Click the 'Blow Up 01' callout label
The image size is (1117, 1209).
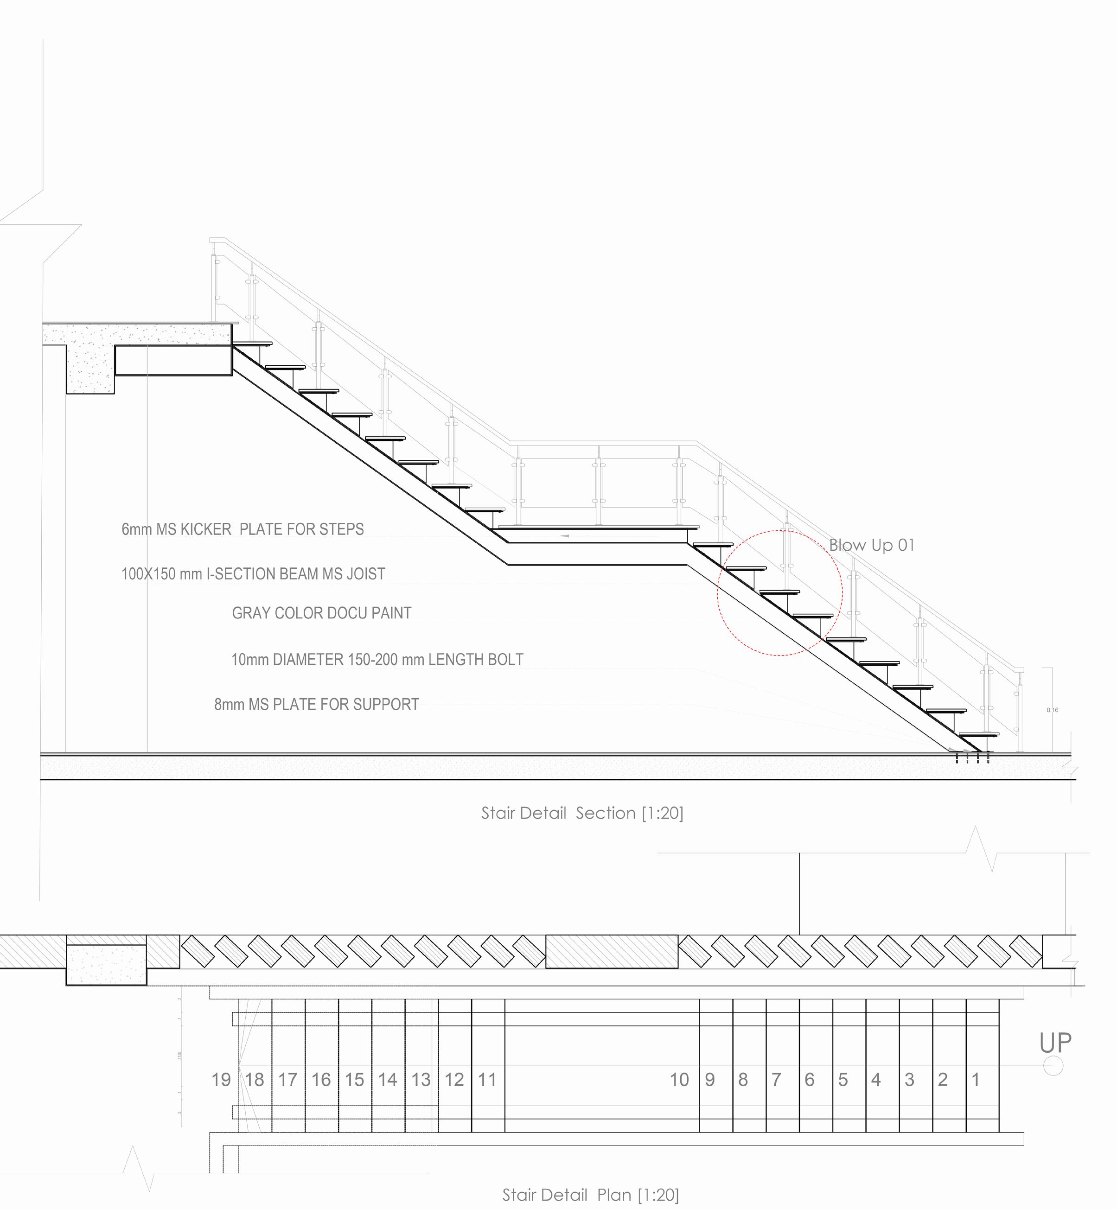[871, 545]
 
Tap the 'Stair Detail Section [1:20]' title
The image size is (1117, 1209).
[582, 813]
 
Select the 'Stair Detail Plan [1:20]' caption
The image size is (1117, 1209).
[591, 1195]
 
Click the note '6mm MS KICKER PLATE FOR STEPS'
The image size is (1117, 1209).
[243, 529]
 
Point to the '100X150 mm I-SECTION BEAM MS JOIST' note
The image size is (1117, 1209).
[253, 574]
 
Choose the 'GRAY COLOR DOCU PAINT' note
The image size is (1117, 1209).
[322, 613]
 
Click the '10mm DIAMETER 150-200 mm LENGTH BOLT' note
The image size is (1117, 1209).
[377, 659]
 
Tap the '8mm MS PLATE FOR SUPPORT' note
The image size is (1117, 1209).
[316, 705]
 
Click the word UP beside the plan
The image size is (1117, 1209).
[1055, 1044]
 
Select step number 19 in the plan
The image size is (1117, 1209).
[221, 1080]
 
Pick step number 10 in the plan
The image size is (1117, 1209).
[679, 1080]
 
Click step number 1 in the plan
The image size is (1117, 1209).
[975, 1080]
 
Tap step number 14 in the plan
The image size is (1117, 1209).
[388, 1080]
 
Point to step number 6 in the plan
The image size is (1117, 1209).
[809, 1080]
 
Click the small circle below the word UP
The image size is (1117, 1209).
[1053, 1066]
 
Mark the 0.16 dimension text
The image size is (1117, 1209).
[1053, 710]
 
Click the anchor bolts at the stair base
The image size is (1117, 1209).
[972, 757]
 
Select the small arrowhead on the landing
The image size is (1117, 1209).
[565, 536]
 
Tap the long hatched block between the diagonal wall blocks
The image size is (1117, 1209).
[612, 952]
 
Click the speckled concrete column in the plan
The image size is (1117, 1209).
[106, 965]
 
